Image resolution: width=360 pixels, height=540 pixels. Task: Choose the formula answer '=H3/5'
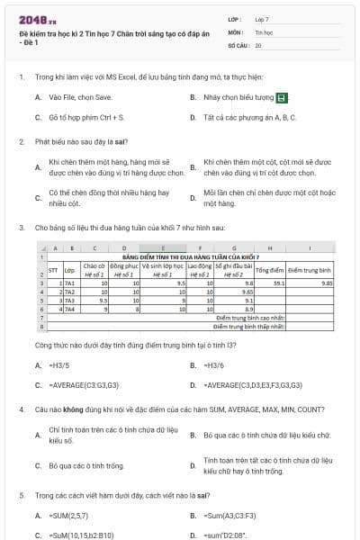(x=59, y=365)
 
